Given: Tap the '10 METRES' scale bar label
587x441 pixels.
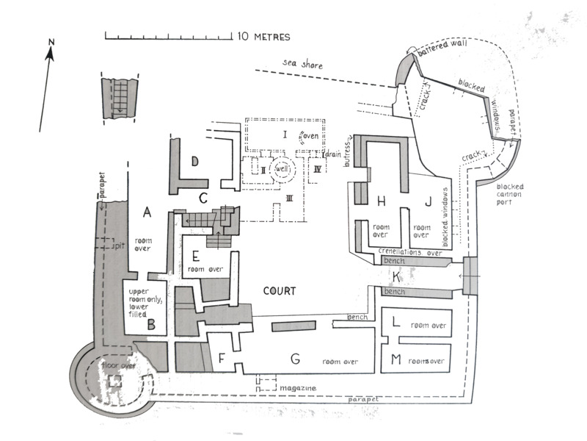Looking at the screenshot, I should (263, 36).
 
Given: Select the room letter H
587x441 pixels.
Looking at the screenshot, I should (381, 201).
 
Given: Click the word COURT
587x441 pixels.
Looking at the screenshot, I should (280, 291).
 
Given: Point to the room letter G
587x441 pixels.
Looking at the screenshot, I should (294, 359).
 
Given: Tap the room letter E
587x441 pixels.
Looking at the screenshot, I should (195, 256).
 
